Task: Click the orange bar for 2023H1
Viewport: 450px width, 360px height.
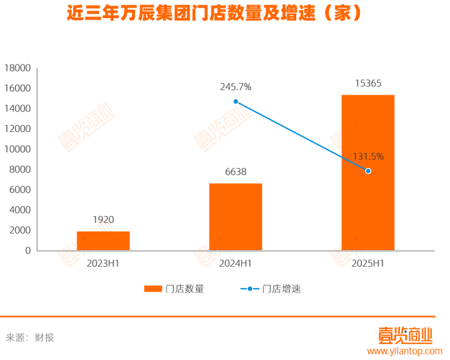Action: pos(104,241)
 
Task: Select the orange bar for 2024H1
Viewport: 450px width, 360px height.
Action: pos(236,217)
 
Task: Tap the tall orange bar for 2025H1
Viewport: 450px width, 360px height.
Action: pos(368,172)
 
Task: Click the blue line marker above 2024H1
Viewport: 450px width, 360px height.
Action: pos(236,102)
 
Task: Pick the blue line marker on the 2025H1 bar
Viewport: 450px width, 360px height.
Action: pos(368,171)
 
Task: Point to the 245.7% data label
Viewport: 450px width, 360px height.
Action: pos(236,87)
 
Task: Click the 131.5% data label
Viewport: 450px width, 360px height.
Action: pos(368,156)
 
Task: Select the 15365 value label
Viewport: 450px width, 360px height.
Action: pos(368,84)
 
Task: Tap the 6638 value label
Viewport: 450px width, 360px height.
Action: pos(236,172)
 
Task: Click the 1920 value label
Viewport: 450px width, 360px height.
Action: pos(104,220)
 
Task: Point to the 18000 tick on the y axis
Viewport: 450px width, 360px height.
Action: pos(17,68)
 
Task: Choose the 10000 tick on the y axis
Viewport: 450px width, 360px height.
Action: pos(17,149)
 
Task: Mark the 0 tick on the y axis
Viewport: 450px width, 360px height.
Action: pos(28,251)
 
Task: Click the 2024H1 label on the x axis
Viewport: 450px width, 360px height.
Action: pos(235,264)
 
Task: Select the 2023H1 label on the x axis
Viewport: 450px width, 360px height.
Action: pos(103,264)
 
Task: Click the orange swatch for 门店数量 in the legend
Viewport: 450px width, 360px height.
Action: pos(153,289)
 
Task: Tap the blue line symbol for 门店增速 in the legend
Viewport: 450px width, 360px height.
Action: pos(249,289)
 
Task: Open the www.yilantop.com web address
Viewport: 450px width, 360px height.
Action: pos(404,351)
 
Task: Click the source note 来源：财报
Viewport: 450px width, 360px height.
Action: pos(30,337)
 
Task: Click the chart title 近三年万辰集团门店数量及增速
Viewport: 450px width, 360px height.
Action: pos(191,13)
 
